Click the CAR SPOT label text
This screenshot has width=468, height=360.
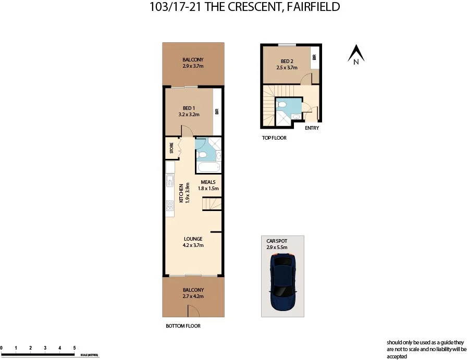pyautogui.click(x=277, y=241)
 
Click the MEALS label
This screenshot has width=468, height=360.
pyautogui.click(x=208, y=182)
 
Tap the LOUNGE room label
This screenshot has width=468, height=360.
pyautogui.click(x=192, y=239)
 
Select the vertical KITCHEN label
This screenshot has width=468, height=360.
pyautogui.click(x=181, y=193)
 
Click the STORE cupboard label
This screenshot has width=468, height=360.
pyautogui.click(x=171, y=148)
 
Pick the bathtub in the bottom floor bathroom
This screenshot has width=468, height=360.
pyautogui.click(x=208, y=168)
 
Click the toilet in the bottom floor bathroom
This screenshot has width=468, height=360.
pyautogui.click(x=203, y=155)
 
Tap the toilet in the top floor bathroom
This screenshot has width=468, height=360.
pyautogui.click(x=281, y=105)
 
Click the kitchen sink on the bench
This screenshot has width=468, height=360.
pyautogui.click(x=169, y=181)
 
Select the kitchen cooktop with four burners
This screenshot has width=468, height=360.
pyautogui.click(x=169, y=207)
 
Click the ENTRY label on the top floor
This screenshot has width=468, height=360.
pyautogui.click(x=312, y=128)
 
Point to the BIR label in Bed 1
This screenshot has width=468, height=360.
pyautogui.click(x=217, y=111)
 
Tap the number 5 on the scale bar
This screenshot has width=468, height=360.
pyautogui.click(x=75, y=347)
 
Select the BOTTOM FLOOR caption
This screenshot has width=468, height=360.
pyautogui.click(x=183, y=326)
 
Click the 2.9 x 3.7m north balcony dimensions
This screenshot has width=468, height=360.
pyautogui.click(x=192, y=67)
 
